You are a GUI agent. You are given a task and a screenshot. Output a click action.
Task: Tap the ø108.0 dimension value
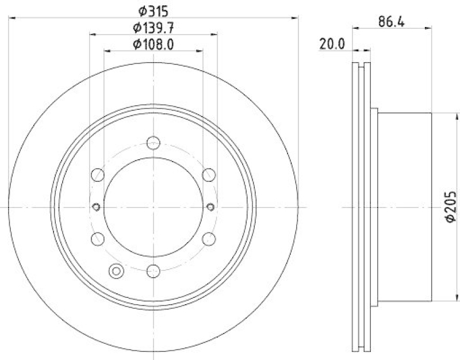(153, 44)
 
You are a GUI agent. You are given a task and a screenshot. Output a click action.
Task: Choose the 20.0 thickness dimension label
(332, 43)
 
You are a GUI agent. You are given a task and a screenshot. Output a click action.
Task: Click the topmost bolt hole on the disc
(153, 143)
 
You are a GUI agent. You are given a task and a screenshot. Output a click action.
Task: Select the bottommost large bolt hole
(153, 270)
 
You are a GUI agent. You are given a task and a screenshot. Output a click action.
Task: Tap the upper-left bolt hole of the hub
(98, 174)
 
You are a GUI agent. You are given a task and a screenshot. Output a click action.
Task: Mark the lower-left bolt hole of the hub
(98, 238)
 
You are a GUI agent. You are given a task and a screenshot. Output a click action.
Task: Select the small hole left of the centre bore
(96, 206)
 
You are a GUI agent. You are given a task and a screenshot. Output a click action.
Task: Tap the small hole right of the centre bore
(210, 206)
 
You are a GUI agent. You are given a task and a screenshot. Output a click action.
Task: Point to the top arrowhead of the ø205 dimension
(447, 114)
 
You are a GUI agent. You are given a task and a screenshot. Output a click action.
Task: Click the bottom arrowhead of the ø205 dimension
(447, 299)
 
